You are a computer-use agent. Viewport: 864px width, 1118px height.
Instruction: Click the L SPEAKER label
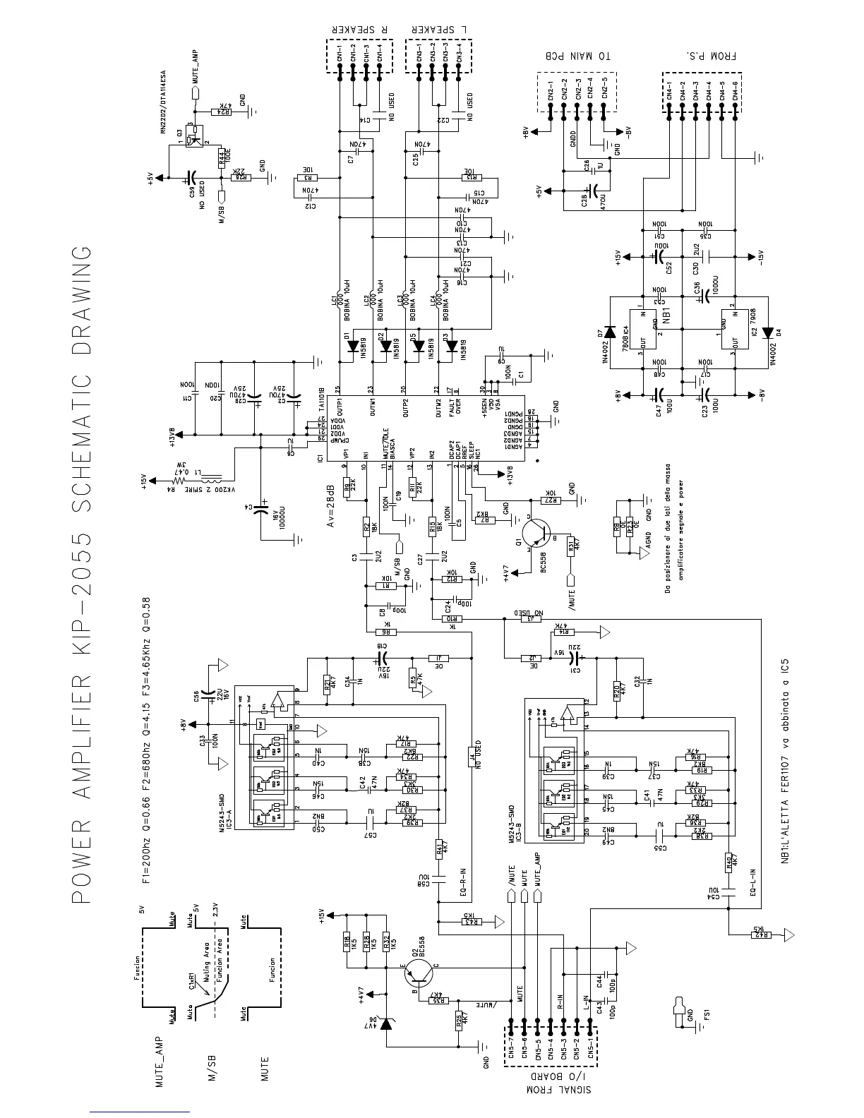[440, 30]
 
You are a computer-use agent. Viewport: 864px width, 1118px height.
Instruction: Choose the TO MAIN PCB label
[575, 56]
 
